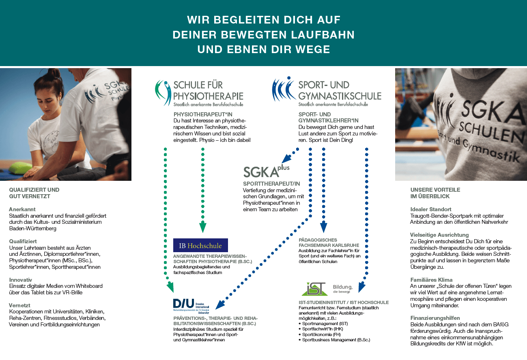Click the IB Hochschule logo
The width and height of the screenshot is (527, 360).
200,245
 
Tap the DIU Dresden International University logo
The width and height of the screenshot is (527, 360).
190,306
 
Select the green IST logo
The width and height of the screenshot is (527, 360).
313,288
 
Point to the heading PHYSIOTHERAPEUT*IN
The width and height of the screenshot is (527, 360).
198,114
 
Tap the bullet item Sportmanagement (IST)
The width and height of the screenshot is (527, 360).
325,324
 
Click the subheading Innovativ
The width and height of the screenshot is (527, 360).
20,280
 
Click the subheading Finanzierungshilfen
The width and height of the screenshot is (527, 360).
435,318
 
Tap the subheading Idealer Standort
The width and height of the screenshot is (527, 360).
431,209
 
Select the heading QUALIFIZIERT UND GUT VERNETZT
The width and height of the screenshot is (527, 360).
34,193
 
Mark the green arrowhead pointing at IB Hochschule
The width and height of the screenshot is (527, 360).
203,227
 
